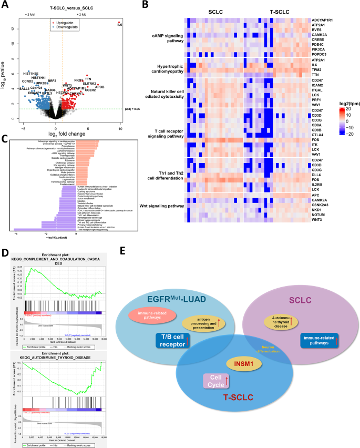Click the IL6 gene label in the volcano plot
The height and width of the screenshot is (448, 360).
120,25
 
